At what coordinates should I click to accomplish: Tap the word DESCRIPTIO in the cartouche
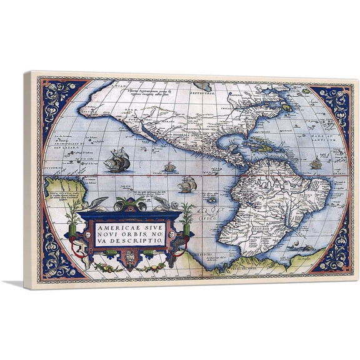click(x=139, y=241)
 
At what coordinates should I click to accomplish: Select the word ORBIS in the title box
click(x=126, y=234)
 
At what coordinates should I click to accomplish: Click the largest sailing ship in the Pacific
click(x=117, y=161)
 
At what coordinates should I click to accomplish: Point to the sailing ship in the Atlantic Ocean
click(x=316, y=163)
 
